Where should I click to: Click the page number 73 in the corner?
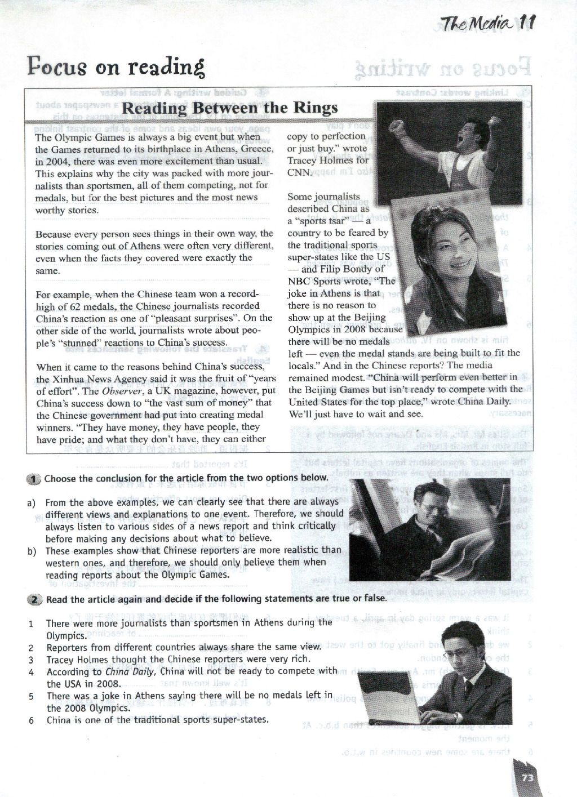(528, 778)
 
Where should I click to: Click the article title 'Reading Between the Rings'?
(229, 108)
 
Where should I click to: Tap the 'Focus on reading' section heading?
(116, 67)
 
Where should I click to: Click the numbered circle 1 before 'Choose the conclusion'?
(34, 479)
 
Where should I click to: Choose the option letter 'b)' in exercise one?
(32, 551)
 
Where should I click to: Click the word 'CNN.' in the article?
(299, 172)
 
